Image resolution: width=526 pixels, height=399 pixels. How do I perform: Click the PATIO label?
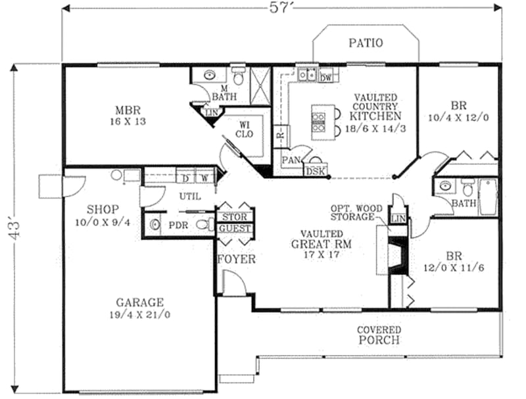click(365, 43)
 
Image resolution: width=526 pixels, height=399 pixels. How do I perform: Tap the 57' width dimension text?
click(281, 9)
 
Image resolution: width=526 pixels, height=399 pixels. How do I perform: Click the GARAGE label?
click(139, 308)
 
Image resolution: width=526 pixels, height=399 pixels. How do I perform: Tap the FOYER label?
click(236, 260)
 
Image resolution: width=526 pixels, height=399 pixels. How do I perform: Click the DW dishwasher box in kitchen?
click(325, 77)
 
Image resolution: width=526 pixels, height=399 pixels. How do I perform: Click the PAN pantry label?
click(291, 160)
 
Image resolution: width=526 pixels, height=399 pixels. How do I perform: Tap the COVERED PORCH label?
click(379, 335)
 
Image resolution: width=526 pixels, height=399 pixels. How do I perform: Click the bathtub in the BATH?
click(488, 197)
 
